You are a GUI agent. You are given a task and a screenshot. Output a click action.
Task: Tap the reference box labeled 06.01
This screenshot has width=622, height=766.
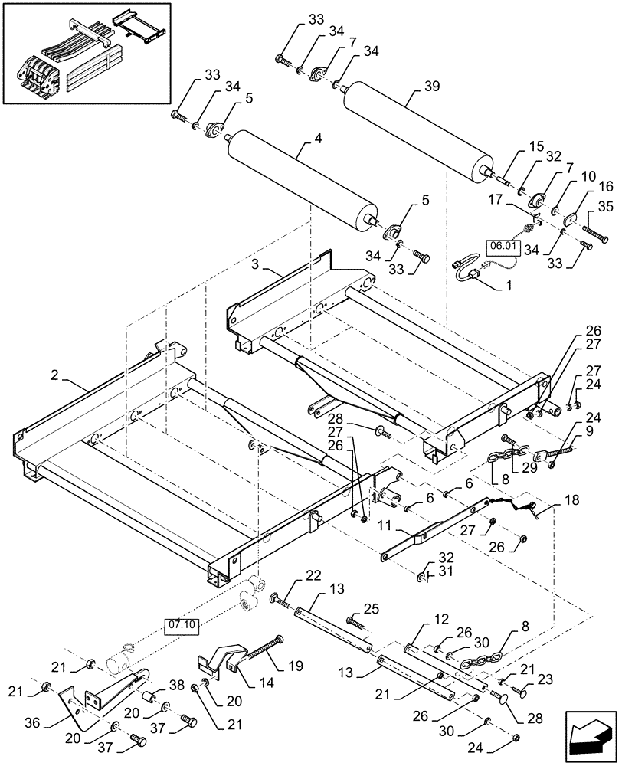click(x=503, y=247)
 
